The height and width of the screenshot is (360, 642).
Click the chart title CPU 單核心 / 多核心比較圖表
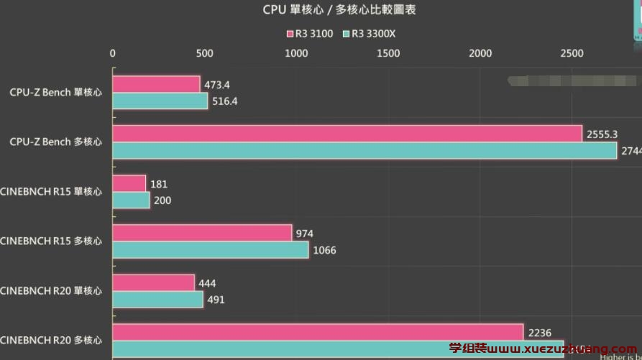tap(339, 10)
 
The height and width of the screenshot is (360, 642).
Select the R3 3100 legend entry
tap(310, 34)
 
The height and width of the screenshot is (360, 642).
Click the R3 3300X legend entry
tap(370, 34)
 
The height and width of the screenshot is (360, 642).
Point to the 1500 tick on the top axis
tap(388, 53)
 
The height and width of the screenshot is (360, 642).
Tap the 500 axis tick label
tap(204, 53)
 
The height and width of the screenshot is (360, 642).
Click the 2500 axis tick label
tap(572, 53)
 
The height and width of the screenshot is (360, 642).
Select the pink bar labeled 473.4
tap(156, 84)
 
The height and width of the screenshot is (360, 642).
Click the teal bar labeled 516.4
tap(160, 101)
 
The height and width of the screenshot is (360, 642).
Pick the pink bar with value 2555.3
tap(347, 134)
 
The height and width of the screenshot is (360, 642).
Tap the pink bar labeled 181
tap(129, 183)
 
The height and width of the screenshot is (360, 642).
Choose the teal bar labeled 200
tap(131, 200)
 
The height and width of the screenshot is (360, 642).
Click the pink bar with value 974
tap(202, 233)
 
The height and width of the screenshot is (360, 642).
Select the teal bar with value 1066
tap(211, 250)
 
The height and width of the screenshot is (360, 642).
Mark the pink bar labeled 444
tap(153, 282)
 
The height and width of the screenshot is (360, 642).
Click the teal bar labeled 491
tap(157, 300)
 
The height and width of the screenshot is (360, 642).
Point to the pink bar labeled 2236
tap(317, 332)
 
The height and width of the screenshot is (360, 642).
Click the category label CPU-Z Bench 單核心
tap(55, 93)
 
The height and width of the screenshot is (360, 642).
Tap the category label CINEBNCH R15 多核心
tap(50, 241)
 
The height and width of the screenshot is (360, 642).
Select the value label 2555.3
tap(602, 134)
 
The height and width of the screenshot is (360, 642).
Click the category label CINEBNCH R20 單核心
tap(50, 291)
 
